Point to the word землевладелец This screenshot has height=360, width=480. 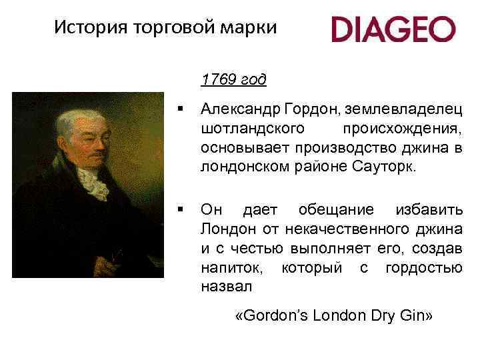click(411, 109)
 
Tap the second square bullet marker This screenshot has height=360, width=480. click(179, 210)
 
